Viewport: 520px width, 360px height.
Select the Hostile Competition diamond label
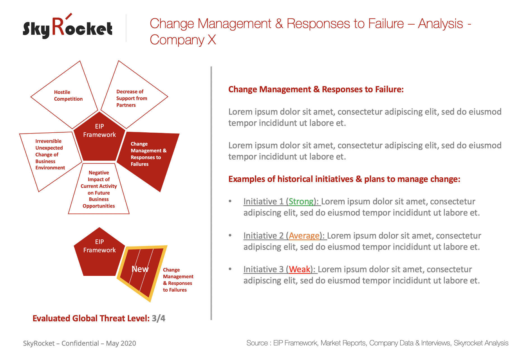pyautogui.click(x=68, y=96)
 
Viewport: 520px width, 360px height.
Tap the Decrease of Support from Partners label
pyautogui.click(x=132, y=98)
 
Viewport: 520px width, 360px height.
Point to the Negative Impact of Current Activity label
pyautogui.click(x=99, y=189)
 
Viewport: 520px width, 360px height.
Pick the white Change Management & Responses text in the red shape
pyautogui.click(x=148, y=154)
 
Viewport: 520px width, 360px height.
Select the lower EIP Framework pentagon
pyautogui.click(x=99, y=252)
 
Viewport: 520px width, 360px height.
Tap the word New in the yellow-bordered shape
pyautogui.click(x=140, y=269)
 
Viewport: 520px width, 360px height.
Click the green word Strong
pyautogui.click(x=301, y=201)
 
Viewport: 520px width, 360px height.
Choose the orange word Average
pyautogui.click(x=304, y=236)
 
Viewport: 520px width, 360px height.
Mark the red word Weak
pyautogui.click(x=300, y=269)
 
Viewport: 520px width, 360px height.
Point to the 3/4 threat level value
pyautogui.click(x=159, y=318)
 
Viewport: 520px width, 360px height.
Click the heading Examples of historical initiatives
pyautogui.click(x=344, y=179)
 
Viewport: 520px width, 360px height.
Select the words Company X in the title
pyautogui.click(x=183, y=40)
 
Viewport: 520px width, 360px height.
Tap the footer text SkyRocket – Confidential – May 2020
pyautogui.click(x=80, y=343)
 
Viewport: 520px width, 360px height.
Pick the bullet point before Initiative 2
pyautogui.click(x=230, y=235)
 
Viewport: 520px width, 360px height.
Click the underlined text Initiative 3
pyautogui.click(x=263, y=269)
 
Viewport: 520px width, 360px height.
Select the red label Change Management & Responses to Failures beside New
pyautogui.click(x=178, y=280)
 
